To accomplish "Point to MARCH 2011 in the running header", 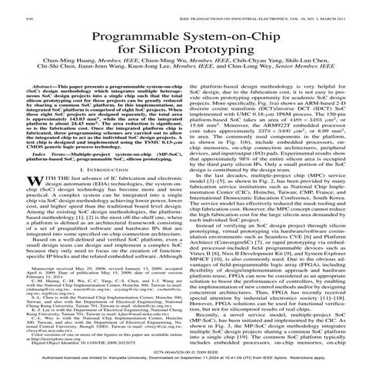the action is pos(334,8).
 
